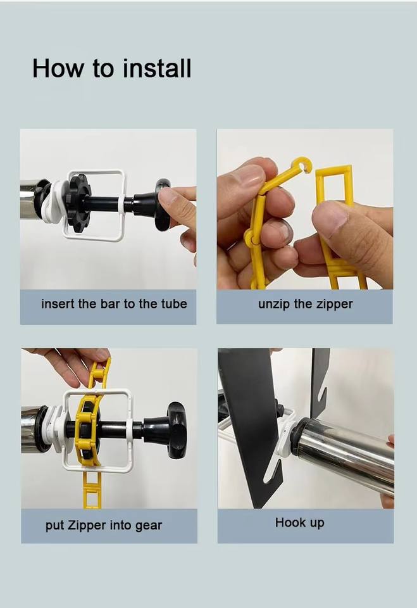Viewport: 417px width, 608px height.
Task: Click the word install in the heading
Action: point(157,68)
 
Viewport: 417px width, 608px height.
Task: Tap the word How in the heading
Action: point(58,68)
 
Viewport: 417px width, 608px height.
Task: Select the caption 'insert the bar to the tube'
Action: point(114,303)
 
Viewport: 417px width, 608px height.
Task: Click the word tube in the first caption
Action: point(174,303)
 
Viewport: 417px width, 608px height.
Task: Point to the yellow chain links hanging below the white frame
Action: point(92,490)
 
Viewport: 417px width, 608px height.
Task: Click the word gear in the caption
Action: point(149,526)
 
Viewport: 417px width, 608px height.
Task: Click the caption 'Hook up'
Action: point(299,522)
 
